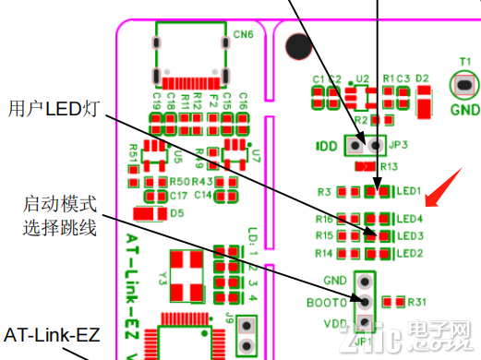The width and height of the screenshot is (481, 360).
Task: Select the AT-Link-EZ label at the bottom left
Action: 53,333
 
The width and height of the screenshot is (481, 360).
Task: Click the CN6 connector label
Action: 244,35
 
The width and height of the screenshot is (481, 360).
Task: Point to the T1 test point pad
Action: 464,86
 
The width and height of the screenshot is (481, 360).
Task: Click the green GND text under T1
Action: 464,107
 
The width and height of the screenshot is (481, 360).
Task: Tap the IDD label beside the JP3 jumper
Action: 327,146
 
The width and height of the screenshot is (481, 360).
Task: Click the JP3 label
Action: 399,145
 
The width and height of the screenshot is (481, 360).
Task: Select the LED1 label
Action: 409,191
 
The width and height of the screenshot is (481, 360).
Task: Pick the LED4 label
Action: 409,220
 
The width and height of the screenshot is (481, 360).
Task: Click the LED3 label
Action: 409,236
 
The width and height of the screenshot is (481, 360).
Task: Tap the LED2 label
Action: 409,253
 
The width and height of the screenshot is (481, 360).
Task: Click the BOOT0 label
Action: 327,302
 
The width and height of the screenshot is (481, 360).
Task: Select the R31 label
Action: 417,302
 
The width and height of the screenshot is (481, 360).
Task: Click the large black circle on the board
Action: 298,44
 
